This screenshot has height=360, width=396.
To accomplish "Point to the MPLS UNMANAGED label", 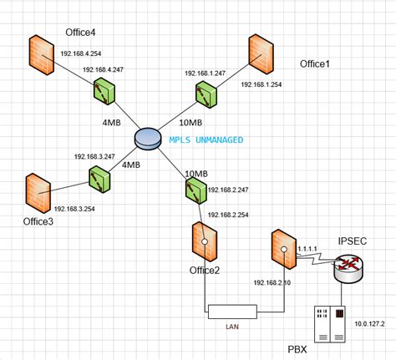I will click(206, 139).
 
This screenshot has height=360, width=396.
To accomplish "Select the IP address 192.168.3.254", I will click(77, 209).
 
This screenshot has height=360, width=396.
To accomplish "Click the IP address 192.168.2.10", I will click(273, 282).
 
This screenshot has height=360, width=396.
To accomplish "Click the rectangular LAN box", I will click(232, 312).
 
